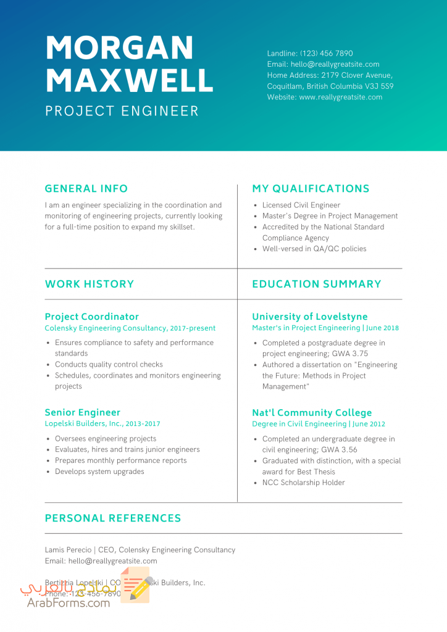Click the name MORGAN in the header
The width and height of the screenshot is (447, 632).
click(x=119, y=48)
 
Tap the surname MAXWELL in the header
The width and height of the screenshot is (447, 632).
click(x=130, y=80)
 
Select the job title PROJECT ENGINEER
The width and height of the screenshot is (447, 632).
click(x=122, y=111)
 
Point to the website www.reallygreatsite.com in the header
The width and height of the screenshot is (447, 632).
click(x=340, y=97)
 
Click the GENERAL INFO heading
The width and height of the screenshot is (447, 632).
click(x=86, y=189)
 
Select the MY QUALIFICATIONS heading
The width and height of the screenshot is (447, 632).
click(x=311, y=189)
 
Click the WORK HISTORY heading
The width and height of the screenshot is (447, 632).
click(x=90, y=284)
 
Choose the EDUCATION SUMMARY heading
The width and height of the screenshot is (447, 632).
click(x=317, y=284)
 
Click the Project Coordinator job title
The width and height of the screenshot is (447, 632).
click(x=92, y=317)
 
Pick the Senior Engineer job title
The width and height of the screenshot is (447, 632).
click(x=83, y=412)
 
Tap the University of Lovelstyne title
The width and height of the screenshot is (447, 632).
click(x=309, y=317)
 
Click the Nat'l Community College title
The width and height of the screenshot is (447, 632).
click(x=312, y=412)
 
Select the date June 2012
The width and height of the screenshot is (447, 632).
click(x=369, y=424)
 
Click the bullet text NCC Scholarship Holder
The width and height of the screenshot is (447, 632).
click(x=303, y=483)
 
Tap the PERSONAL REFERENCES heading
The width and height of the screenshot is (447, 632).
click(x=113, y=518)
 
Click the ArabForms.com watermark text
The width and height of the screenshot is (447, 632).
click(x=69, y=602)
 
